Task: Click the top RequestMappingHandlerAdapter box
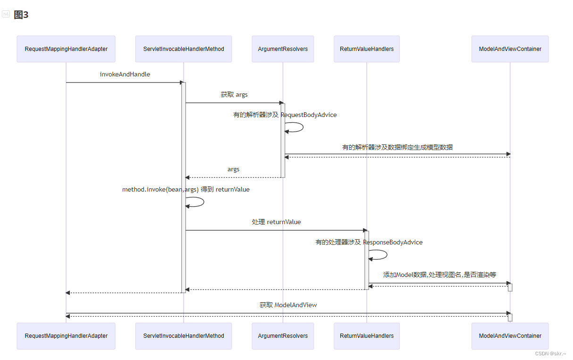[66, 49]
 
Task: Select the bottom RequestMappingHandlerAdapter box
[66, 336]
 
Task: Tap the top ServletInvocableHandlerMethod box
[184, 49]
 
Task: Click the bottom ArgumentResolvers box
[283, 336]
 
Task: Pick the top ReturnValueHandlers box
[367, 49]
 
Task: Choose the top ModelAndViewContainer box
[510, 49]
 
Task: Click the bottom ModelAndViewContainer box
[510, 336]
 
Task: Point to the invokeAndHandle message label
[125, 74]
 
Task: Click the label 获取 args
[234, 94]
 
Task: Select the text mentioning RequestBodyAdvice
[285, 115]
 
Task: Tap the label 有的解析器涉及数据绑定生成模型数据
[397, 147]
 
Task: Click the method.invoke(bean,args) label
[186, 189]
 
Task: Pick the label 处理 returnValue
[276, 222]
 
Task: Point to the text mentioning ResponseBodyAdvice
[369, 242]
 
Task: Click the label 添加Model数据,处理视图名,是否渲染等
[439, 275]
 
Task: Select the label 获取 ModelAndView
[288, 305]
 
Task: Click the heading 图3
[21, 15]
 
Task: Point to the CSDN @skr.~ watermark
[550, 353]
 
